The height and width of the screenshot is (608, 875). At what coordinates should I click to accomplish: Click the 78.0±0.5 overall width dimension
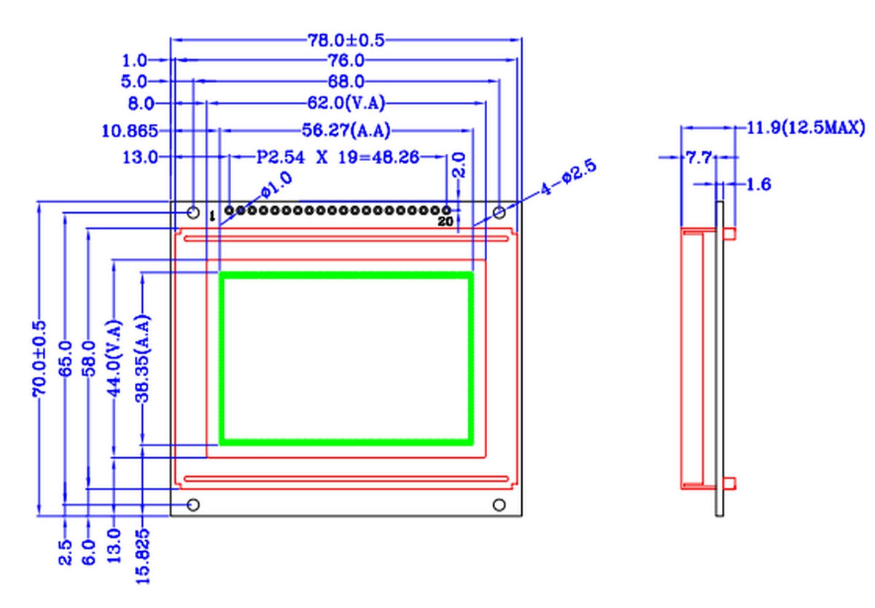(x=346, y=39)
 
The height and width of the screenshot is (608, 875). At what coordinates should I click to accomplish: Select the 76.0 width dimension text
(x=346, y=61)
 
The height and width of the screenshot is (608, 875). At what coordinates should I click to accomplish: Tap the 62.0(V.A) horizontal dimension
(x=346, y=104)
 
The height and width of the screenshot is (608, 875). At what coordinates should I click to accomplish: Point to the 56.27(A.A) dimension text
(x=346, y=131)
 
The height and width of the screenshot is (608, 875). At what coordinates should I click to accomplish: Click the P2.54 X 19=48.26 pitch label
(x=338, y=157)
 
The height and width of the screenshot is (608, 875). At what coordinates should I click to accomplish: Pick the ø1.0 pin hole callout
(x=276, y=184)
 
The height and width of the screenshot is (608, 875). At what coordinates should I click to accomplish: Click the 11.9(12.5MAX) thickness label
(x=806, y=128)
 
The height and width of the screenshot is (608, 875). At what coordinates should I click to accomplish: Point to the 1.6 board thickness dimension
(x=758, y=184)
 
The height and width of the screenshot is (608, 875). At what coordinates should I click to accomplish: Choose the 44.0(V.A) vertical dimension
(x=114, y=357)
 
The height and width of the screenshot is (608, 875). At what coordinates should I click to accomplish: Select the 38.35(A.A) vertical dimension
(x=143, y=357)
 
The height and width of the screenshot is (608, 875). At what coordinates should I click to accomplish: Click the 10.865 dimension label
(x=130, y=131)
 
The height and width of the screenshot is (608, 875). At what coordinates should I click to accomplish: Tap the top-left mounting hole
(x=193, y=212)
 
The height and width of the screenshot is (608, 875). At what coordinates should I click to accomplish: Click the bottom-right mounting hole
(x=499, y=504)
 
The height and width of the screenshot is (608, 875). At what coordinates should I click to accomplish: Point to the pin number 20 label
(x=445, y=221)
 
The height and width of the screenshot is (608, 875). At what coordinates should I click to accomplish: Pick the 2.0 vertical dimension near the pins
(x=459, y=165)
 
